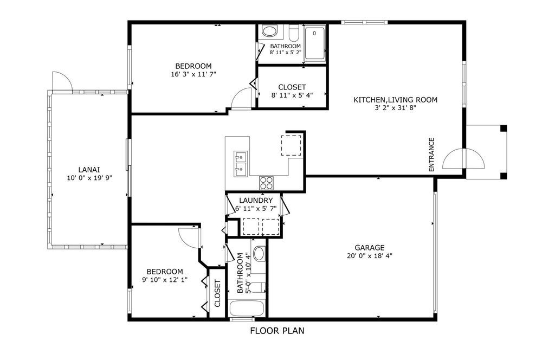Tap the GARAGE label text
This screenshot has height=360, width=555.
(x=370, y=247)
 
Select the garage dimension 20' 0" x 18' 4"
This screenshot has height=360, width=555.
(x=370, y=256)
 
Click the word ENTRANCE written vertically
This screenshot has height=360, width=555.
(x=432, y=155)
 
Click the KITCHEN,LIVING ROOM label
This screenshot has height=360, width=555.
(x=395, y=100)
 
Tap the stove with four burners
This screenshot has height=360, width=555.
(x=266, y=182)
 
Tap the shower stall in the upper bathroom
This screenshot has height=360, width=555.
(x=315, y=43)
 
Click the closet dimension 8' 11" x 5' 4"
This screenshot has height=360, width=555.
(x=292, y=95)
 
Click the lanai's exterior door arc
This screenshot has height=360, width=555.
(x=61, y=81)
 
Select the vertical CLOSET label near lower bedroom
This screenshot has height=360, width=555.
(x=217, y=293)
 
